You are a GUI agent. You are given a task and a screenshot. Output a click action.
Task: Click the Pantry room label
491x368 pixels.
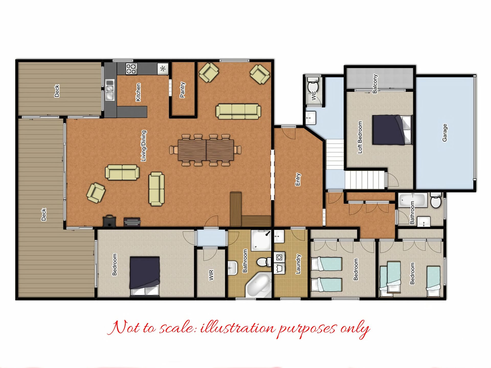click(182, 90)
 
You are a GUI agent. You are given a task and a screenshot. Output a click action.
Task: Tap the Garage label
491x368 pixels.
click(445, 133)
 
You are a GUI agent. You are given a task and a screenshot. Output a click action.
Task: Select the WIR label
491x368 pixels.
click(211, 275)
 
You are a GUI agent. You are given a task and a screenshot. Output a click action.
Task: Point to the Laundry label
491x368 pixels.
click(298, 264)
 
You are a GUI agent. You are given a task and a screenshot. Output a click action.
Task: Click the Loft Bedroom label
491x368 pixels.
click(360, 137)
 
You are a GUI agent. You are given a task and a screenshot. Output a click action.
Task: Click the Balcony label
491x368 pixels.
click(375, 84)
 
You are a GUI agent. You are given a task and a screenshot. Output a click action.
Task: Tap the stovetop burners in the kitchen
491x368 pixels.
click(131, 69)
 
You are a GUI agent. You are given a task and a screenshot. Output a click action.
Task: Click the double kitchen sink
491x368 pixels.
click(110, 89)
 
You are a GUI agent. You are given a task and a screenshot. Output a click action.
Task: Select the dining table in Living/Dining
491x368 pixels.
click(206, 150)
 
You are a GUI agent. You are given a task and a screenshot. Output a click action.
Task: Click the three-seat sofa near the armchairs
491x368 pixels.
click(238, 111)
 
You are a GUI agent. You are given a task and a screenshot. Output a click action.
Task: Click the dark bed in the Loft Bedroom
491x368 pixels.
click(392, 130)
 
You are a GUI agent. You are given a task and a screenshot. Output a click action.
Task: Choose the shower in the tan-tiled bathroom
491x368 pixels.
click(261, 240)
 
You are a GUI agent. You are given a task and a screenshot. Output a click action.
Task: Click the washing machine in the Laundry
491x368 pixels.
click(279, 257)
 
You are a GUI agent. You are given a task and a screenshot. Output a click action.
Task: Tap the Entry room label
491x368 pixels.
click(298, 180)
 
